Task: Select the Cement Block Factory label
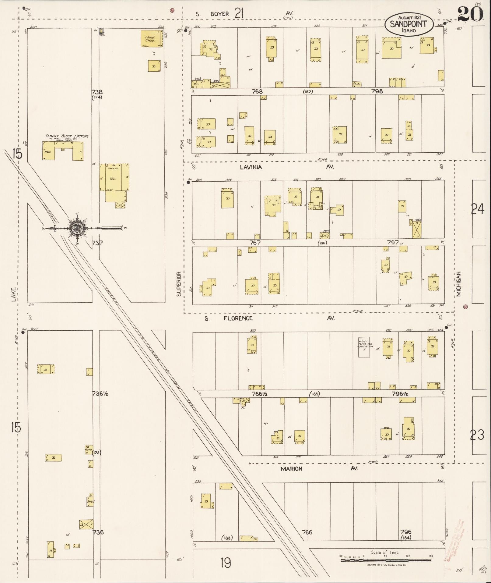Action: (67, 136)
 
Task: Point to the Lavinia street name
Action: (251, 167)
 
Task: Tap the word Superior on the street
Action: (179, 284)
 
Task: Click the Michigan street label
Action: (459, 284)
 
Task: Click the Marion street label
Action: (291, 469)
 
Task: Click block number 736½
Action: (100, 393)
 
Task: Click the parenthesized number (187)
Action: (308, 91)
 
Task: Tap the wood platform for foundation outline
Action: (364, 347)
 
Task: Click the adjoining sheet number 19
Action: (226, 563)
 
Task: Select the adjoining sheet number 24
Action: (477, 209)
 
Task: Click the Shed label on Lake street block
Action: (90, 501)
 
